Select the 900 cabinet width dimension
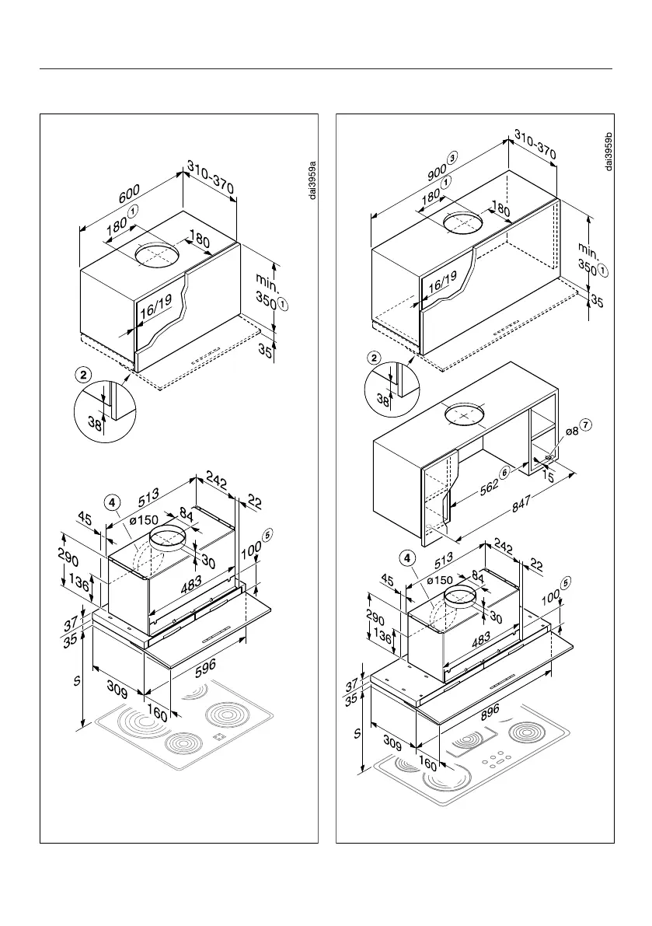coord(438,169)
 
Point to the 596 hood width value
coord(205,666)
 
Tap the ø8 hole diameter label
coord(571,432)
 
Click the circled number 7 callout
coord(587,425)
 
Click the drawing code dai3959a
coord(312,180)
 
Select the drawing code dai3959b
coord(608,150)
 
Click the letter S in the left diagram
coord(76,682)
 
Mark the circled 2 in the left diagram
coord(83,374)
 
